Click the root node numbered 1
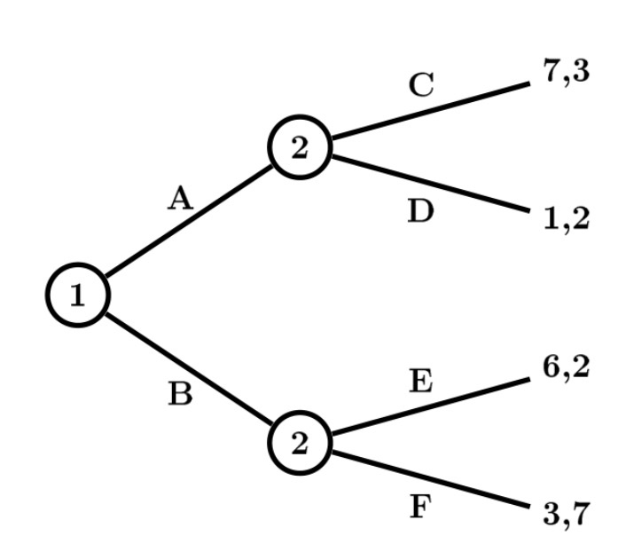click(x=77, y=296)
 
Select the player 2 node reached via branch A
click(x=300, y=149)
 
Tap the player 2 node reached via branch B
click(x=300, y=443)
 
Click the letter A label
click(x=180, y=200)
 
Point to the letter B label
click(x=180, y=393)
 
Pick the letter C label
click(x=421, y=85)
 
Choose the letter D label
click(x=421, y=212)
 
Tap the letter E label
click(x=421, y=382)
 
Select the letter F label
click(x=421, y=508)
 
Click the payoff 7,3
click(x=565, y=74)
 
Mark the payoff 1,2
click(x=565, y=218)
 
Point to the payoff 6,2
click(x=565, y=367)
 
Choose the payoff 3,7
click(x=565, y=513)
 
